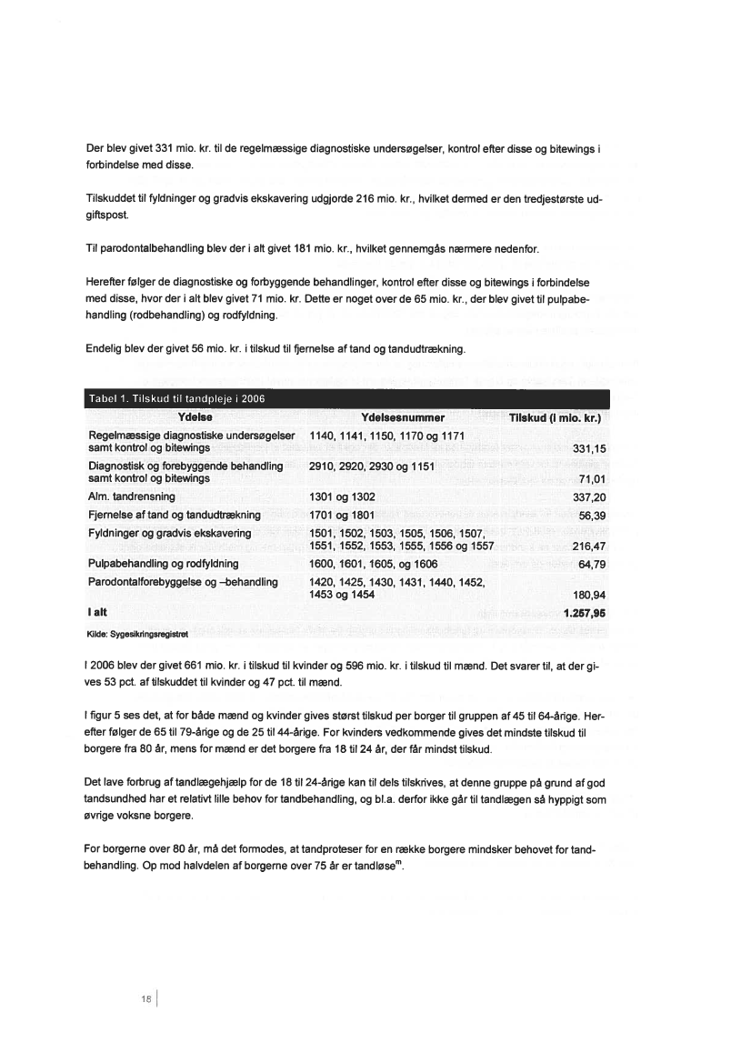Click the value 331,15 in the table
point(590,449)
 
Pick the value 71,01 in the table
point(592,479)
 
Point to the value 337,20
point(590,498)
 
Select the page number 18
point(145,998)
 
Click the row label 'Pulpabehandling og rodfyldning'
point(165,564)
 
